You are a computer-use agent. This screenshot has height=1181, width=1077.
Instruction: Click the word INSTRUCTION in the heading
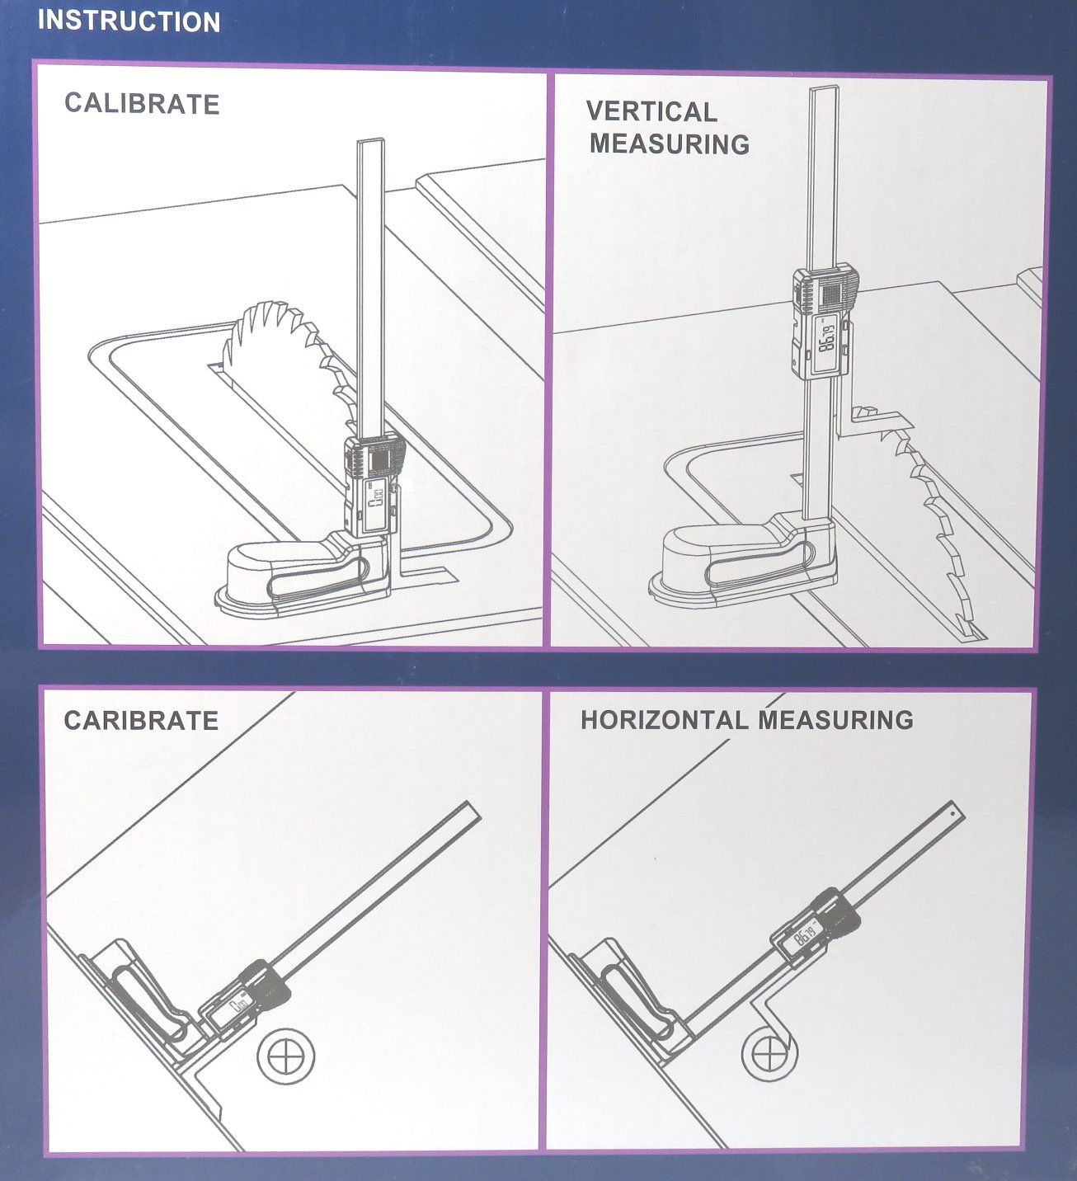[x=129, y=21]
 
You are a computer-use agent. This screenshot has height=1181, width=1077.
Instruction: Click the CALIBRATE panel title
[x=142, y=104]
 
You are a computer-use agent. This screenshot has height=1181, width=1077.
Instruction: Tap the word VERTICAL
[x=651, y=112]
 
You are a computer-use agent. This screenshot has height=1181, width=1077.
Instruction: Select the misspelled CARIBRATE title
[x=141, y=721]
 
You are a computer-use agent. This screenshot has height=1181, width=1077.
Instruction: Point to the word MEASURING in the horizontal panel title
[x=835, y=720]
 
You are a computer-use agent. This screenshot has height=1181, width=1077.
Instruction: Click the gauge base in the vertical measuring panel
[x=743, y=561]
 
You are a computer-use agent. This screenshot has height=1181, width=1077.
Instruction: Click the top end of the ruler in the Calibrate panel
[x=371, y=140]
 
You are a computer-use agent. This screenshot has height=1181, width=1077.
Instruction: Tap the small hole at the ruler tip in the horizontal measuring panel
[x=952, y=816]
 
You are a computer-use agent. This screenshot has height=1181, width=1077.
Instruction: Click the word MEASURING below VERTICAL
[x=670, y=144]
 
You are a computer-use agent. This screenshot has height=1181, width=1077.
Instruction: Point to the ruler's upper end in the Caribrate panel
[x=474, y=810]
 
